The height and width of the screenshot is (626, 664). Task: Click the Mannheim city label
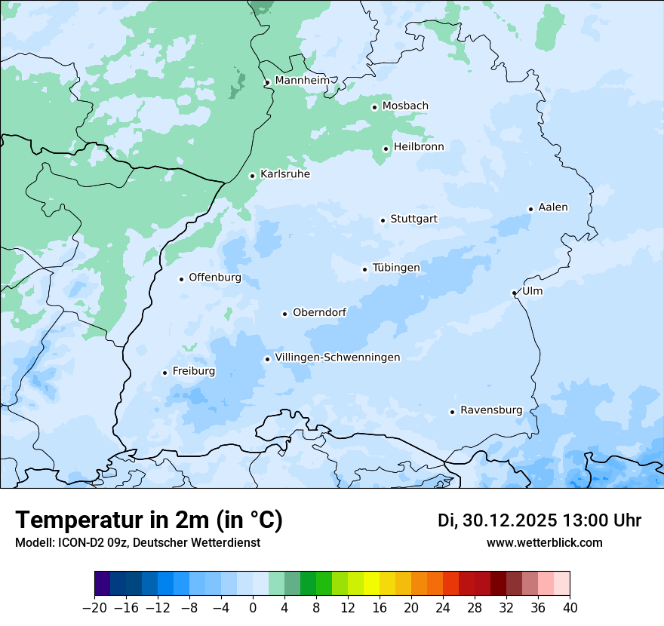(x=302, y=81)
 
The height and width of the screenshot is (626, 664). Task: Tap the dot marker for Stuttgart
(x=383, y=220)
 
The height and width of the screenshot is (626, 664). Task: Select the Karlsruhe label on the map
(x=285, y=174)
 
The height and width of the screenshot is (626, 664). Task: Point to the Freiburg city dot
(x=164, y=373)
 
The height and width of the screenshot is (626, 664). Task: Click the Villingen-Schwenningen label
(x=337, y=357)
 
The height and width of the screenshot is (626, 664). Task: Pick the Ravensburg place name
(x=491, y=410)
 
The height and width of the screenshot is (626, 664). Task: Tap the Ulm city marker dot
(x=514, y=293)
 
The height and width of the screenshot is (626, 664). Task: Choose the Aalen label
(x=553, y=207)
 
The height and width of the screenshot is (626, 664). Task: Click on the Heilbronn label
(x=419, y=147)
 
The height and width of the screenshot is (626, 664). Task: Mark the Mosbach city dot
(x=374, y=107)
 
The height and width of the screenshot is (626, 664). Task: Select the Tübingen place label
(x=396, y=268)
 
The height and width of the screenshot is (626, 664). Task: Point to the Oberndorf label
(x=319, y=312)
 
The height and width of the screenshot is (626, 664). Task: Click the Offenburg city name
(x=215, y=278)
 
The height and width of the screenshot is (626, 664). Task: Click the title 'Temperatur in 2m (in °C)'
(x=149, y=520)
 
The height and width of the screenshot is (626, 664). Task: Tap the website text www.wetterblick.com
(x=544, y=542)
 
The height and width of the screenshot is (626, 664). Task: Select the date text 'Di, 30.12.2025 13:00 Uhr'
(x=539, y=520)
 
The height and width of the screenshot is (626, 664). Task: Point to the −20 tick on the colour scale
(x=94, y=608)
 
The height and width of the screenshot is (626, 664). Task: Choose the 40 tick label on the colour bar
(x=570, y=608)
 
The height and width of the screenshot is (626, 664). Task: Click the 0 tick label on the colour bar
(x=253, y=608)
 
